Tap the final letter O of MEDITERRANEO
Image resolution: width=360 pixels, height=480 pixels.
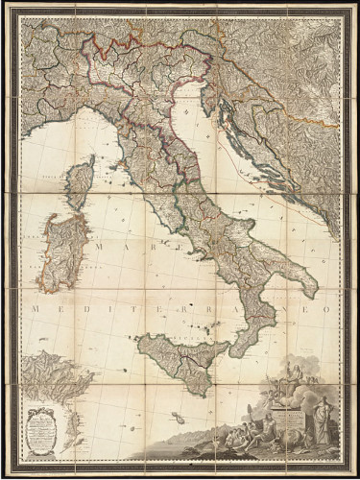[x=326, y=309]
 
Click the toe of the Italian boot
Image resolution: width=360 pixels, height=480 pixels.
[x=234, y=351]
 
